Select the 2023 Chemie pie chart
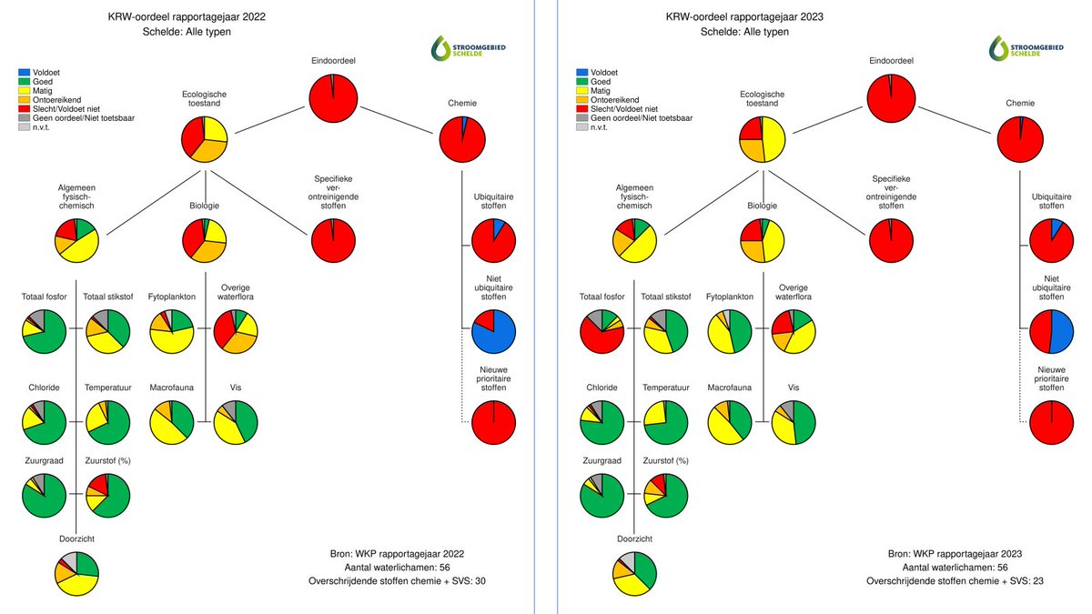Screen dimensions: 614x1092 pos(1019,139)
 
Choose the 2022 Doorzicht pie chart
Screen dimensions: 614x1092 pos(76,573)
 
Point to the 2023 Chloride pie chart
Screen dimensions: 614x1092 pos(602,422)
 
